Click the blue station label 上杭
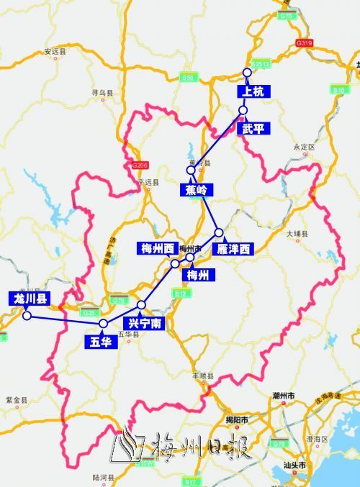pyautogui.click(x=251, y=91)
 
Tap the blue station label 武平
pyautogui.click(x=253, y=129)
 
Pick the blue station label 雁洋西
pyautogui.click(x=234, y=249)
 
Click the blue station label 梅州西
pyautogui.click(x=156, y=248)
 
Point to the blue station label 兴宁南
pyautogui.click(x=143, y=324)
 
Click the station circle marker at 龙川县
pyautogui.click(x=26, y=315)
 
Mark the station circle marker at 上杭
pyautogui.click(x=247, y=73)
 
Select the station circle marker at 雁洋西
pyautogui.click(x=219, y=233)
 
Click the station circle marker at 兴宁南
pyautogui.click(x=141, y=304)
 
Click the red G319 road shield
pyautogui.click(x=304, y=44)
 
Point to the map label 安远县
pyautogui.click(x=55, y=52)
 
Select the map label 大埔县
pyautogui.click(x=297, y=235)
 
